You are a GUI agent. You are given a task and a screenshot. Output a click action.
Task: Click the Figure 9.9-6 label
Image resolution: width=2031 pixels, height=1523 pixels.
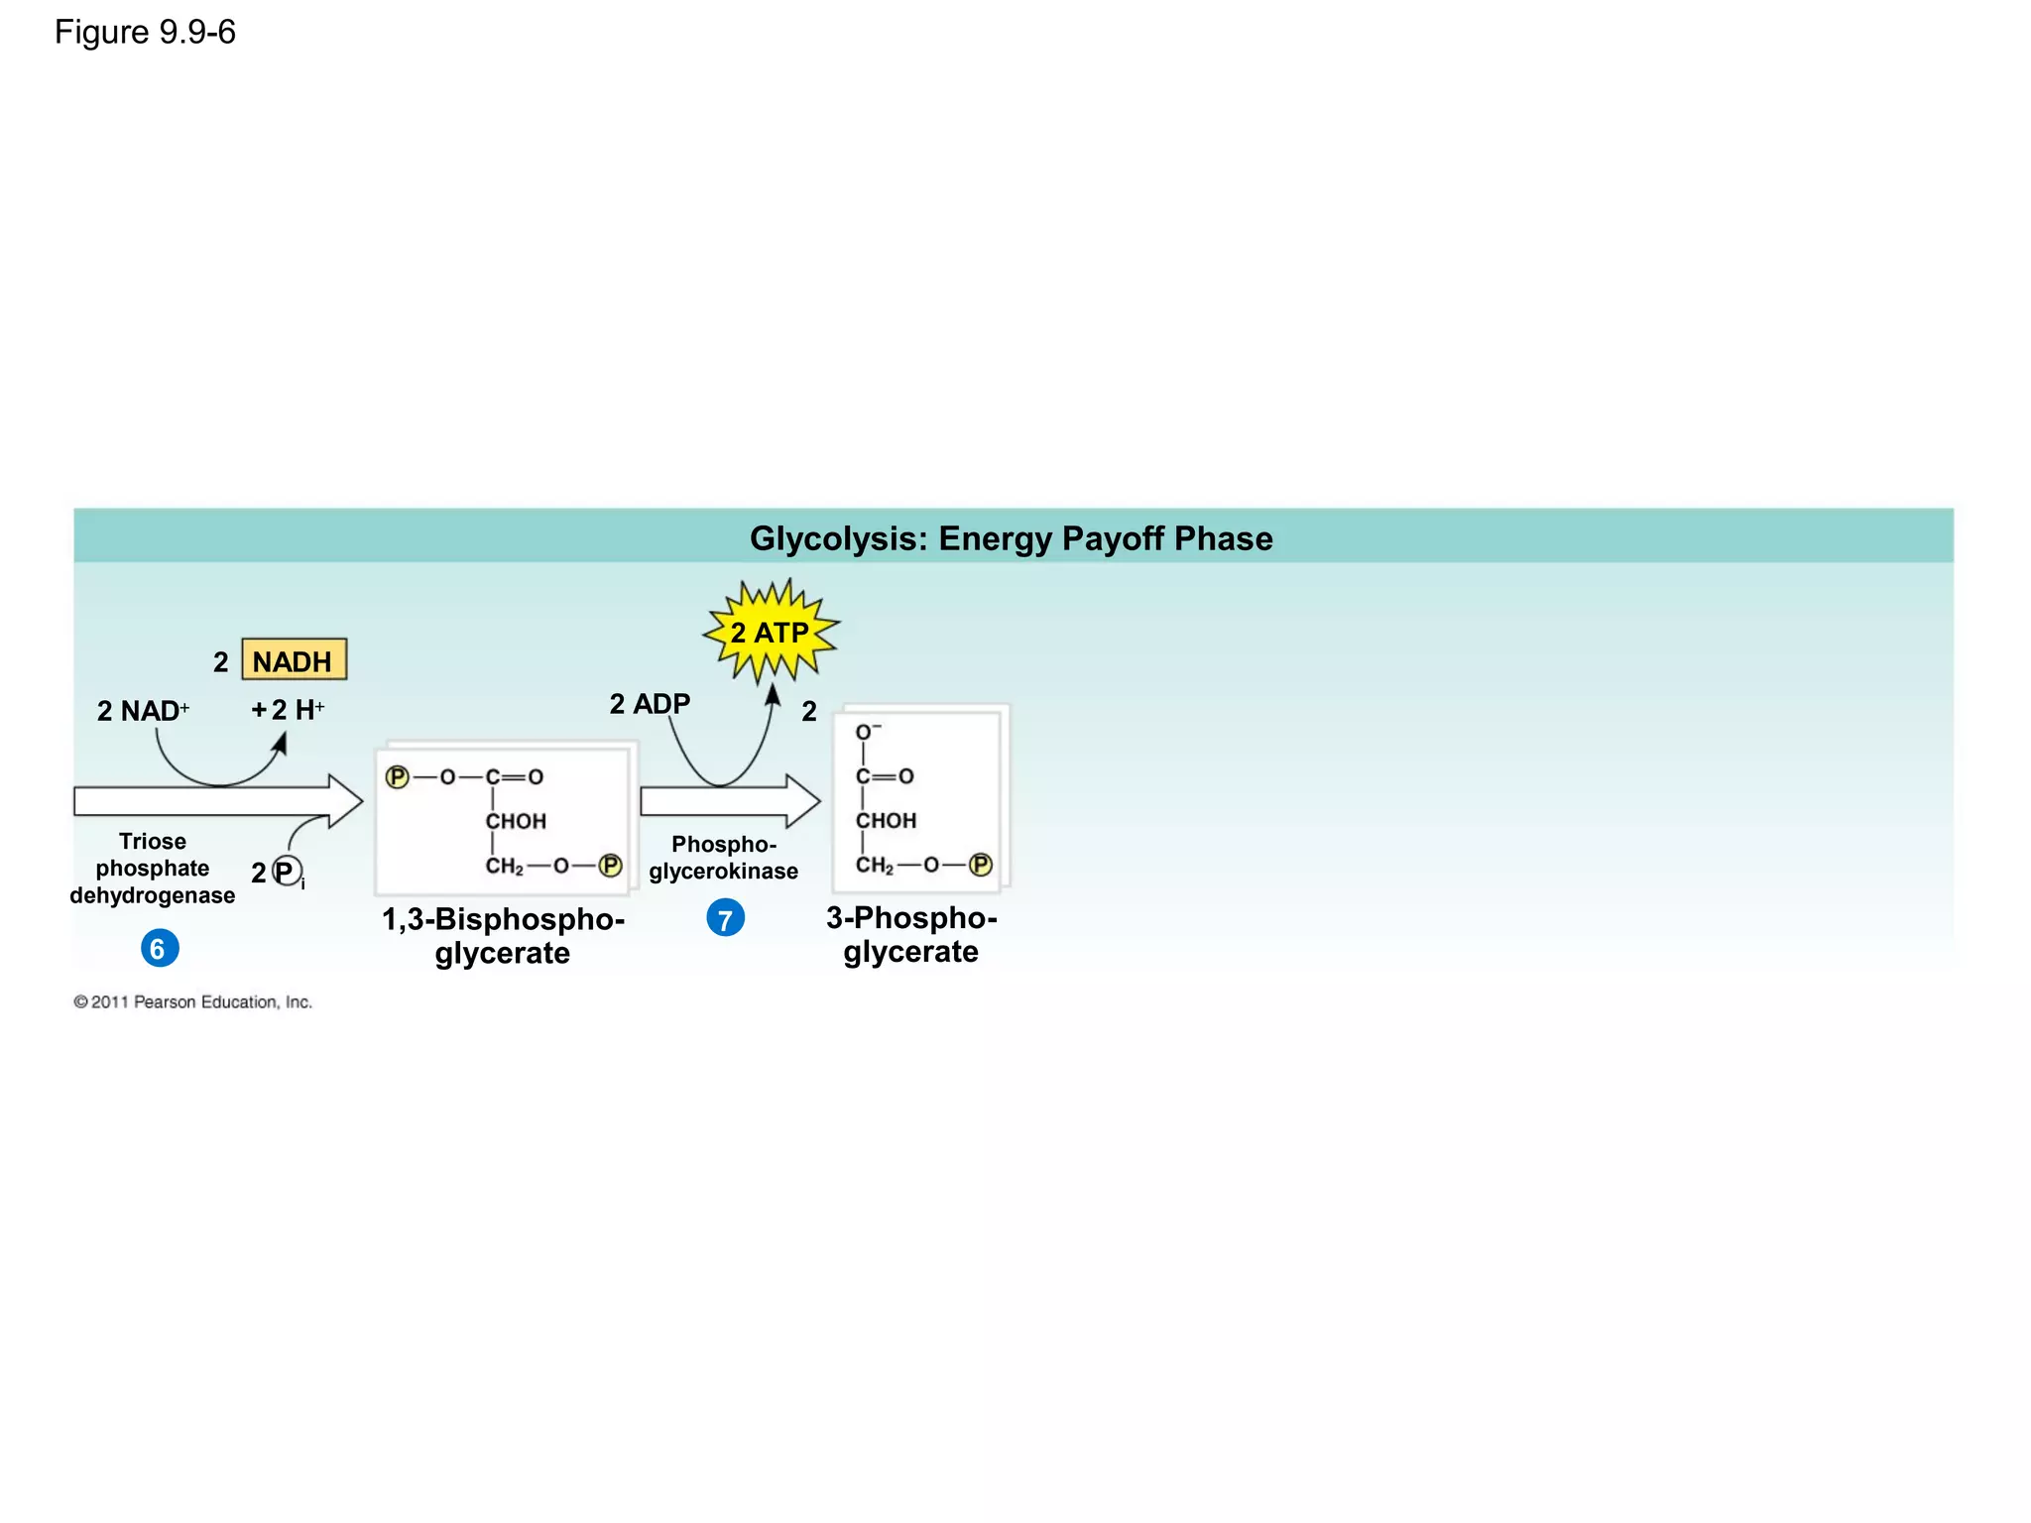tap(145, 33)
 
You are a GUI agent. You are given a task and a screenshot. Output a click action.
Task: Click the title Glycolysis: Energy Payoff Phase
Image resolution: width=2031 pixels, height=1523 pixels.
tap(1011, 538)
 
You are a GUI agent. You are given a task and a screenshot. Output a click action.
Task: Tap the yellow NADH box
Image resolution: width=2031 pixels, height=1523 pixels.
tap(294, 660)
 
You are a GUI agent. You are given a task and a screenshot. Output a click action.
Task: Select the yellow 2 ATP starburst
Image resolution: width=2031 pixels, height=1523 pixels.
tap(771, 632)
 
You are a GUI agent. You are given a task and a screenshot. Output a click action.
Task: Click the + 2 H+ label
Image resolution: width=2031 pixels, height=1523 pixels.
tap(288, 709)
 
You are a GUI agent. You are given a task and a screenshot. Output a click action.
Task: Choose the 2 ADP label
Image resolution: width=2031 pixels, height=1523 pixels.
tap(650, 704)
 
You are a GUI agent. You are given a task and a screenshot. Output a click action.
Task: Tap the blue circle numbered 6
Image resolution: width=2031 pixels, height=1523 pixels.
tap(159, 949)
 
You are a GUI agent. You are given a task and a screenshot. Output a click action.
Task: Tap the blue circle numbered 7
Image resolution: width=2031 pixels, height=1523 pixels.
tap(725, 919)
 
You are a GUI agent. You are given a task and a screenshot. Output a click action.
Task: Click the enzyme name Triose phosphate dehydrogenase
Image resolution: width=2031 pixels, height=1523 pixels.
tap(153, 869)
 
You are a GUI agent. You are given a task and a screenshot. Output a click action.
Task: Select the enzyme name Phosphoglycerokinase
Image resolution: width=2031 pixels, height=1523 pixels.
tap(723, 858)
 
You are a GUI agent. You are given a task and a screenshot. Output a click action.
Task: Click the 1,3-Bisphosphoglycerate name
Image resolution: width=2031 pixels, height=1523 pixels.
tap(503, 935)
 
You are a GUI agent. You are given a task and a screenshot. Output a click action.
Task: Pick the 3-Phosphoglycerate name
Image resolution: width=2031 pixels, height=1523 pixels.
tap(911, 934)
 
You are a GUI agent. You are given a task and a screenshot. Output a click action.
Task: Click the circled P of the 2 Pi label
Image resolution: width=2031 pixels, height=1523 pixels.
tap(287, 872)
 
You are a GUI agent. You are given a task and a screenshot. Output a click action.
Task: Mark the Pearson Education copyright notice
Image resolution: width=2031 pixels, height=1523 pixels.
tap(192, 1002)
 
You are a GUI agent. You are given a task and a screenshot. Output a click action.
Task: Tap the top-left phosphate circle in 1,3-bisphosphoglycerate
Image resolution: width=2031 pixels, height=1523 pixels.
tap(398, 777)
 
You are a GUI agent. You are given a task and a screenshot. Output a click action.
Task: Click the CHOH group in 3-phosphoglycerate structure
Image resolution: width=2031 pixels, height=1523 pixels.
tap(886, 821)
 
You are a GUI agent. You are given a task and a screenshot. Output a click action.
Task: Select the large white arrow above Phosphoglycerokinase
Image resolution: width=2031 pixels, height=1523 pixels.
tap(730, 800)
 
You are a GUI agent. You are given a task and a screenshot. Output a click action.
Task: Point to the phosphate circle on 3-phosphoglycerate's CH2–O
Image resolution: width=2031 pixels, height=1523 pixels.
tap(980, 865)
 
